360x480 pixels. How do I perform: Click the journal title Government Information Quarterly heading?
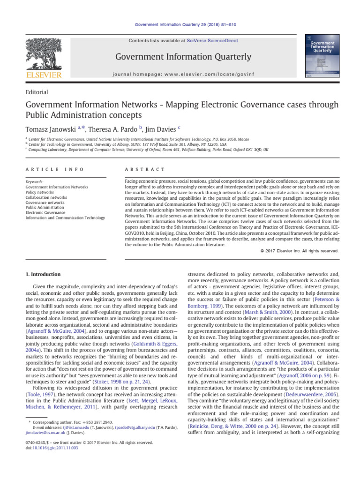tap(180, 57)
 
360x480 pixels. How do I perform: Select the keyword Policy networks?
tap(39, 192)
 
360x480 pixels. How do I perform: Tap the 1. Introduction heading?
tap(41, 273)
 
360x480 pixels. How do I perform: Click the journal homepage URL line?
tap(180, 74)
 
